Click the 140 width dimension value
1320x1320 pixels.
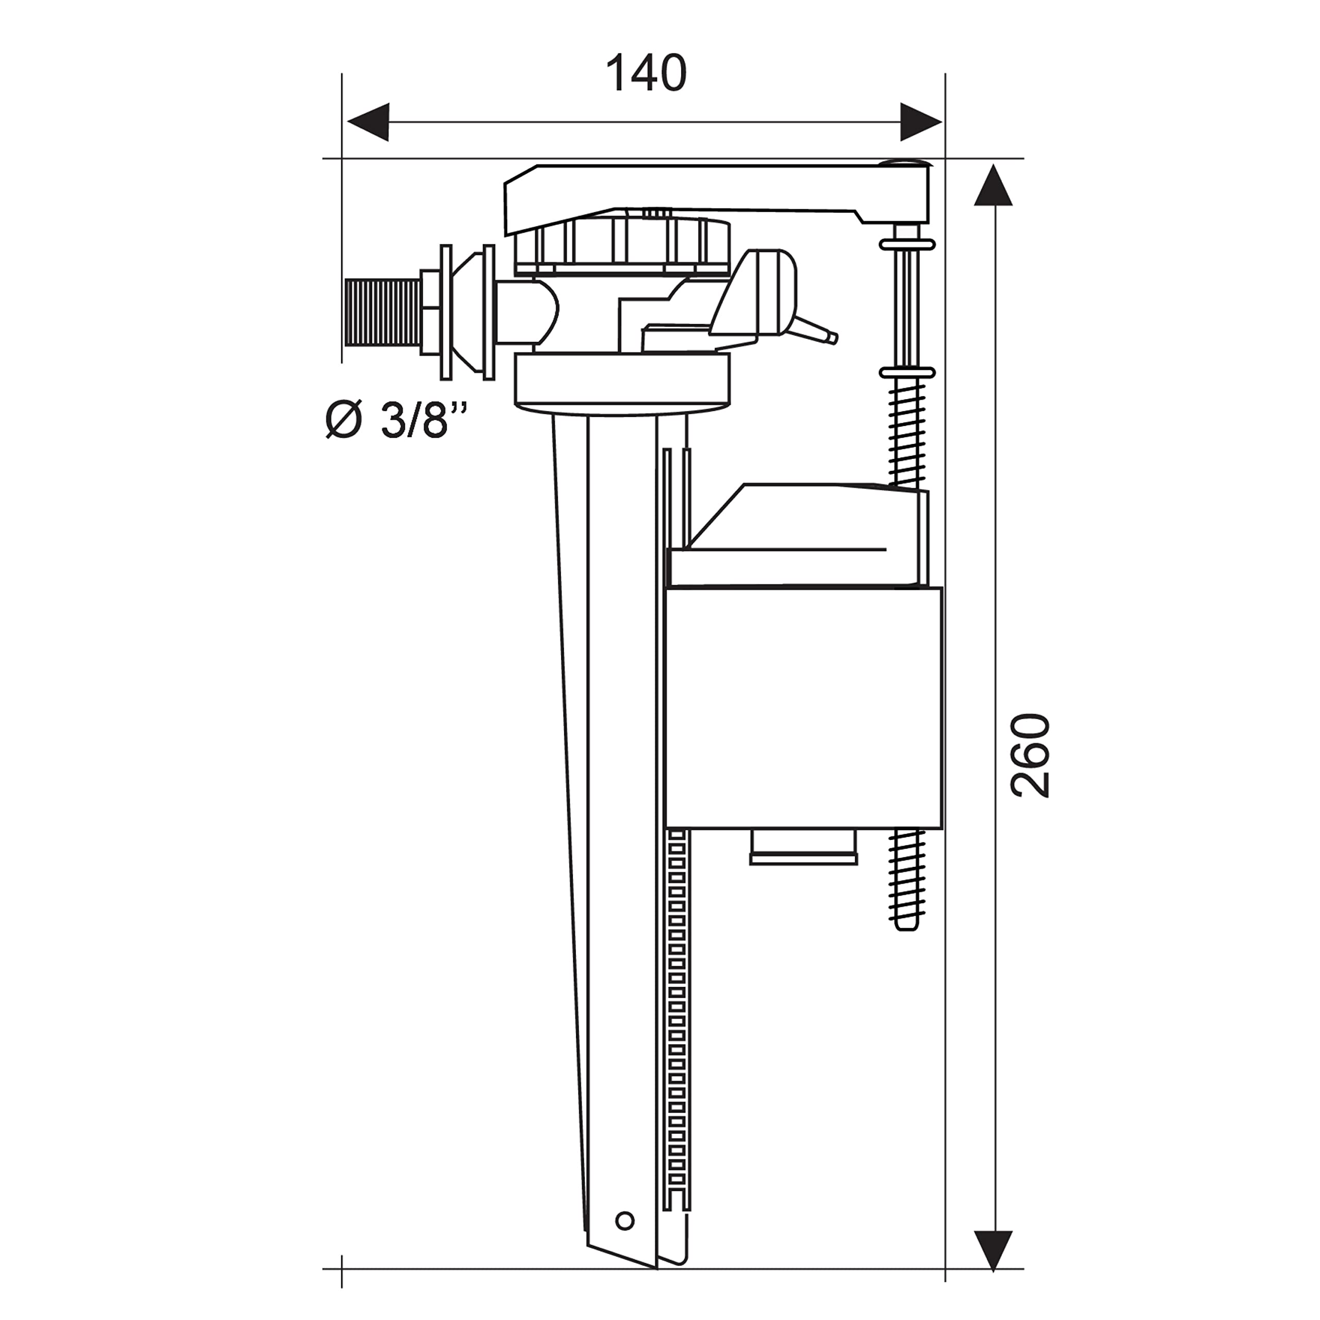coord(646,73)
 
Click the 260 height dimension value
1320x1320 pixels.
coord(1030,756)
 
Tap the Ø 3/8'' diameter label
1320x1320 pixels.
coord(397,420)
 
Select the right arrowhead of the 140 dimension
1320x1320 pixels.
coord(921,122)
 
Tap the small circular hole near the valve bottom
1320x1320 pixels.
coord(624,1220)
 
